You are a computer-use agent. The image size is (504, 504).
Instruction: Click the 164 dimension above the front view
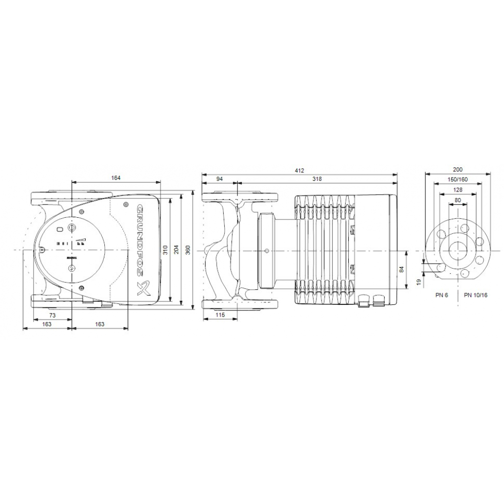pyautogui.click(x=116, y=178)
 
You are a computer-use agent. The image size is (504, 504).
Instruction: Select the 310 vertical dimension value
pyautogui.click(x=166, y=249)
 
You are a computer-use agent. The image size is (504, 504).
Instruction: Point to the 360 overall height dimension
pyautogui.click(x=188, y=249)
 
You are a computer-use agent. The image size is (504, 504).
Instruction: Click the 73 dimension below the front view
pyautogui.click(x=52, y=315)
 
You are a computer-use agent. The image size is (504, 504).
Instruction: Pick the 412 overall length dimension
pyautogui.click(x=299, y=170)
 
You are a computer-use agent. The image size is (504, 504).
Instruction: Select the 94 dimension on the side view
pyautogui.click(x=220, y=179)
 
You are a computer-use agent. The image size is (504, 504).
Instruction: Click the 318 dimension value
pyautogui.click(x=317, y=179)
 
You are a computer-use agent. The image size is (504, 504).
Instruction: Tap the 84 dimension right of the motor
pyautogui.click(x=402, y=270)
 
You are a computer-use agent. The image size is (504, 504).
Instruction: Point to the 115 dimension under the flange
pyautogui.click(x=220, y=315)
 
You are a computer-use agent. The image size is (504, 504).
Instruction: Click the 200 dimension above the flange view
pyautogui.click(x=458, y=170)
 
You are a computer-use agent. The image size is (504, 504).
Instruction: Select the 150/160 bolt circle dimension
pyautogui.click(x=458, y=180)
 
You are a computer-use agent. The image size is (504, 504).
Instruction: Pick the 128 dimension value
pyautogui.click(x=458, y=190)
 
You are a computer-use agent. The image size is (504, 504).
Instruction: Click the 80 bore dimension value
pyautogui.click(x=458, y=200)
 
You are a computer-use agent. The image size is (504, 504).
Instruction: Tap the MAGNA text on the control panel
pyautogui.click(x=71, y=258)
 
